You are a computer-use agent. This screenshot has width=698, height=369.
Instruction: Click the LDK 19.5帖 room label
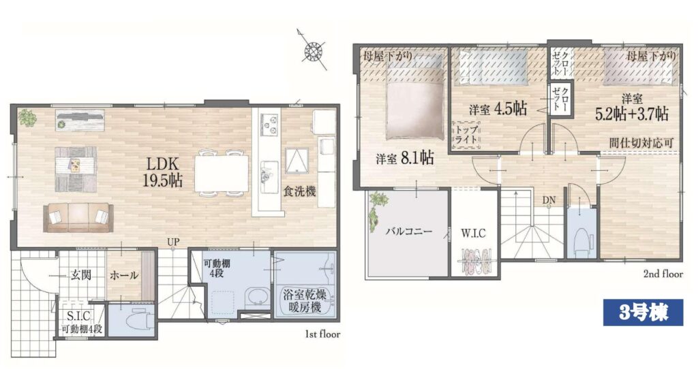pyautogui.click(x=162, y=172)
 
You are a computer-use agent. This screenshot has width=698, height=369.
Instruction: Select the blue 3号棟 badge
pyautogui.click(x=643, y=313)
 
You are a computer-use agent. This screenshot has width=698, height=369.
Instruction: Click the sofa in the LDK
pyautogui.click(x=78, y=217)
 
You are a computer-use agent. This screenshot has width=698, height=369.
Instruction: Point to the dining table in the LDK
pyautogui.click(x=222, y=174)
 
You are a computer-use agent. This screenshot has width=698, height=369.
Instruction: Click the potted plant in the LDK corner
pyautogui.click(x=27, y=118)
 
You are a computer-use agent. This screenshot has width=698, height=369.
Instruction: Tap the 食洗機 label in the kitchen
pyautogui.click(x=300, y=191)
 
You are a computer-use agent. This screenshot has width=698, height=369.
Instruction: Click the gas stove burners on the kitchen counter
pyautogui.click(x=269, y=125)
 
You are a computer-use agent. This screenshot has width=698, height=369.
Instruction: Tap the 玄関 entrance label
pyautogui.click(x=80, y=275)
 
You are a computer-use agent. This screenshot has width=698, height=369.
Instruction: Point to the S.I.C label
pyautogui.click(x=78, y=316)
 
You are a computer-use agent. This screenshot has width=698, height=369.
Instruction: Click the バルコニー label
pyautogui.click(x=409, y=231)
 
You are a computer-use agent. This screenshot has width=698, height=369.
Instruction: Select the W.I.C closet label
pyautogui.click(x=473, y=234)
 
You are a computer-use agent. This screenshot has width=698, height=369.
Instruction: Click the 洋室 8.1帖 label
pyautogui.click(x=405, y=158)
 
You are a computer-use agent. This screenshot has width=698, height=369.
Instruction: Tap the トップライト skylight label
pyautogui.click(x=467, y=134)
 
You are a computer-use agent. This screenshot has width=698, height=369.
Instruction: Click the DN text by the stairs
pyautogui.click(x=549, y=201)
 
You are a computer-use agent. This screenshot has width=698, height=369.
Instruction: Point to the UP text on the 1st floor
pyautogui.click(x=173, y=242)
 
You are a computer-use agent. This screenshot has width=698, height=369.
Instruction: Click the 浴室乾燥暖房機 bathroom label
pyautogui.click(x=305, y=300)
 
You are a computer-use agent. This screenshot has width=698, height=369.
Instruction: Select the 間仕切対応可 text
pyautogui.click(x=641, y=143)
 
